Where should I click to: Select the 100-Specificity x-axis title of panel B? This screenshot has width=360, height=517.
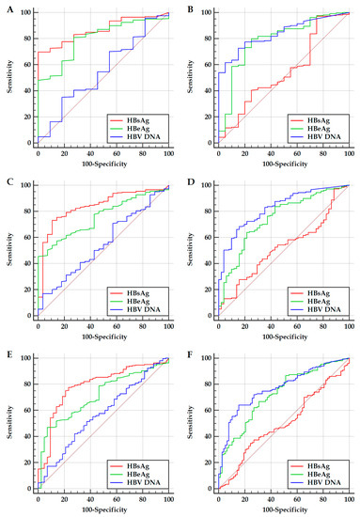[282, 165]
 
